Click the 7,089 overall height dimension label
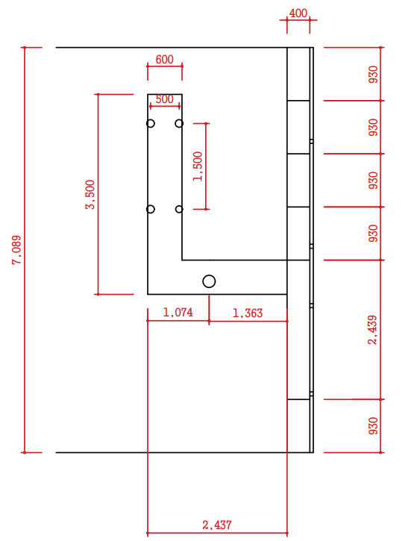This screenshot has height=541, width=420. click(x=16, y=250)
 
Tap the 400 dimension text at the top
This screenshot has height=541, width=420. click(x=298, y=13)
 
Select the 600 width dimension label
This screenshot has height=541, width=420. click(x=164, y=60)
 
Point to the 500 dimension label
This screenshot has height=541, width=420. click(x=164, y=99)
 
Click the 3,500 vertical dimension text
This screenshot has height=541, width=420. click(x=90, y=195)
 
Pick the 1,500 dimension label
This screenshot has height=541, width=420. click(x=198, y=166)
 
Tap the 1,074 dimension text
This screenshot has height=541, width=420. click(x=178, y=313)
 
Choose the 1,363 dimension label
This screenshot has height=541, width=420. click(x=248, y=313)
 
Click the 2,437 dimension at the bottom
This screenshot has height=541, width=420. click(x=217, y=525)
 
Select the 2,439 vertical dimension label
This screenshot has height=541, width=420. click(x=373, y=330)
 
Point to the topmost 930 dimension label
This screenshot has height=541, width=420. click(x=373, y=74)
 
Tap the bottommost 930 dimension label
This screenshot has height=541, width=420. click(x=373, y=426)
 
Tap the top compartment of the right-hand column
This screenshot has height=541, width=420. click(x=298, y=74)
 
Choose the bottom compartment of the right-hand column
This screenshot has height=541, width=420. click(x=298, y=426)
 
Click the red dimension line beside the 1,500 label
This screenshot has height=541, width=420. click(x=206, y=166)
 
